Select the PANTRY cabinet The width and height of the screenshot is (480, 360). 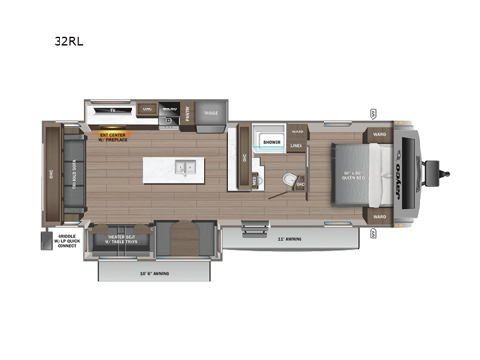(188, 112)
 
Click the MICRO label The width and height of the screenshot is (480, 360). (168, 108)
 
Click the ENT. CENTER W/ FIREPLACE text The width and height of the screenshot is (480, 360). (113, 136)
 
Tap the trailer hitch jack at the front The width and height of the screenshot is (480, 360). (444, 174)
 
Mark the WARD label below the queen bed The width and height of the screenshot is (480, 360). (379, 217)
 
